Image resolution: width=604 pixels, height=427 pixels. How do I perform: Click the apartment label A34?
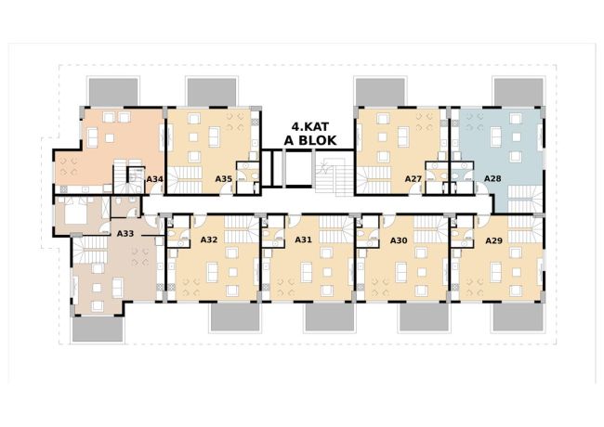click(x=155, y=179)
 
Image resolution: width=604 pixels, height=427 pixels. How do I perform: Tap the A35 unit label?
click(x=223, y=179)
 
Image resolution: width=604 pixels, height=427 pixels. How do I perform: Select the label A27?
click(x=414, y=179)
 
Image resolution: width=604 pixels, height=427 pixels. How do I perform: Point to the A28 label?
click(x=492, y=178)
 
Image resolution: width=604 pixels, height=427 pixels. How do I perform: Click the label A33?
click(x=125, y=234)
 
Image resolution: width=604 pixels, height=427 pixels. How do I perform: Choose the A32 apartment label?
click(x=209, y=240)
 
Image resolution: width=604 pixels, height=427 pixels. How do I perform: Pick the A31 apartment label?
click(x=303, y=240)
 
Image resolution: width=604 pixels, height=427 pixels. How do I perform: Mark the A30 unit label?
click(x=399, y=240)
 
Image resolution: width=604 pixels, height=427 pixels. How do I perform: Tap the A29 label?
click(x=493, y=240)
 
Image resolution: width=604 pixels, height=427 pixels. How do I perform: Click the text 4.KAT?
click(x=309, y=127)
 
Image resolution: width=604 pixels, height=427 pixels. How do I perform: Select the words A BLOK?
click(x=310, y=140)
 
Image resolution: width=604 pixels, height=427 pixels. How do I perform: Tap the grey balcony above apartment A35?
click(x=212, y=92)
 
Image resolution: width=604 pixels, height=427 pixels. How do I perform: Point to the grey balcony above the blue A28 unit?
click(x=519, y=92)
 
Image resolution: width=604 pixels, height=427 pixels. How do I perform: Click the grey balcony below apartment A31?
click(x=330, y=317)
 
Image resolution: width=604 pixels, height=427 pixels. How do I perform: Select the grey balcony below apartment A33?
click(x=98, y=329)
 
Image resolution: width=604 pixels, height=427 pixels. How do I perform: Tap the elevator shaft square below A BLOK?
click(x=297, y=169)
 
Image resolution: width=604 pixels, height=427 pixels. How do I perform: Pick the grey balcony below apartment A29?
click(x=518, y=317)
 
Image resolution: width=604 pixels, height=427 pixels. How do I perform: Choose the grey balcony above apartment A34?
click(x=113, y=92)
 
